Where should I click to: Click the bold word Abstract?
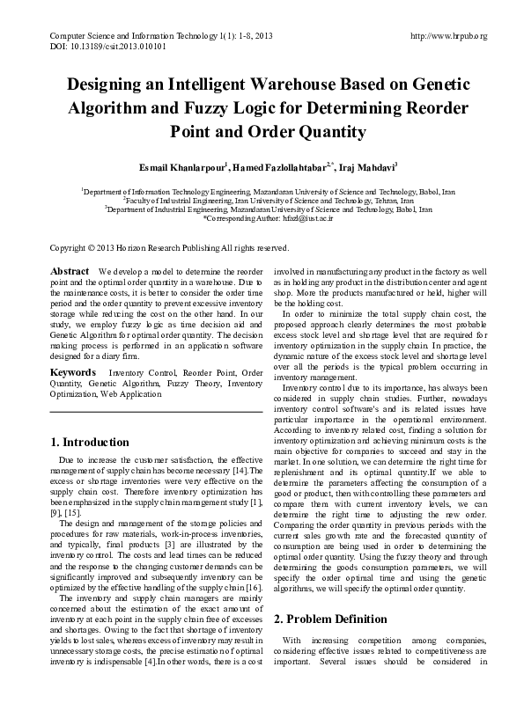pos(70,270)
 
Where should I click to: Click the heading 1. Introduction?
pos(92,442)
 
